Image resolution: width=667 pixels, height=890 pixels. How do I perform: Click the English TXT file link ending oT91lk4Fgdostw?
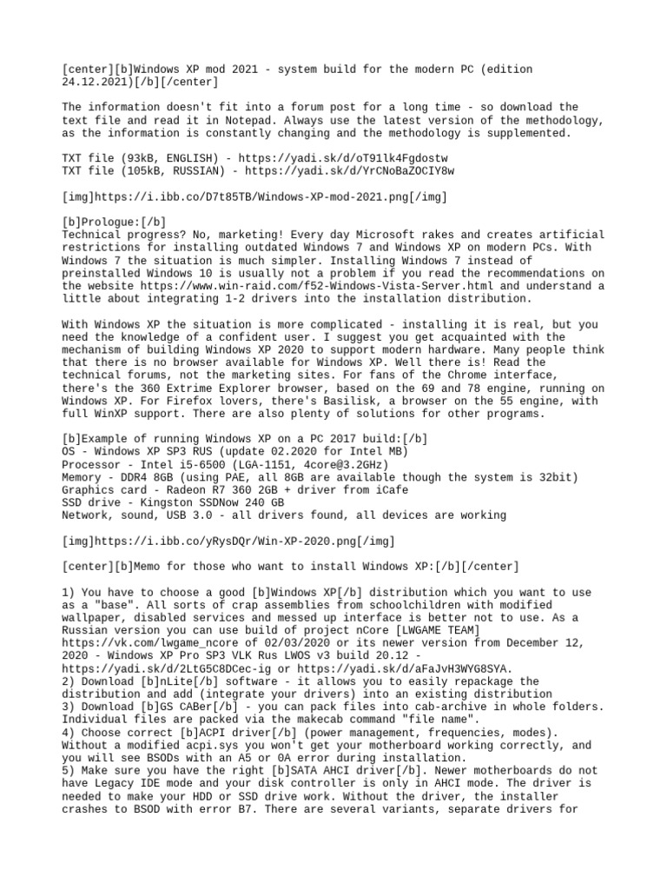click(x=360, y=159)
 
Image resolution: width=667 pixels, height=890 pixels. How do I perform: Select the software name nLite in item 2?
click(x=180, y=681)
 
